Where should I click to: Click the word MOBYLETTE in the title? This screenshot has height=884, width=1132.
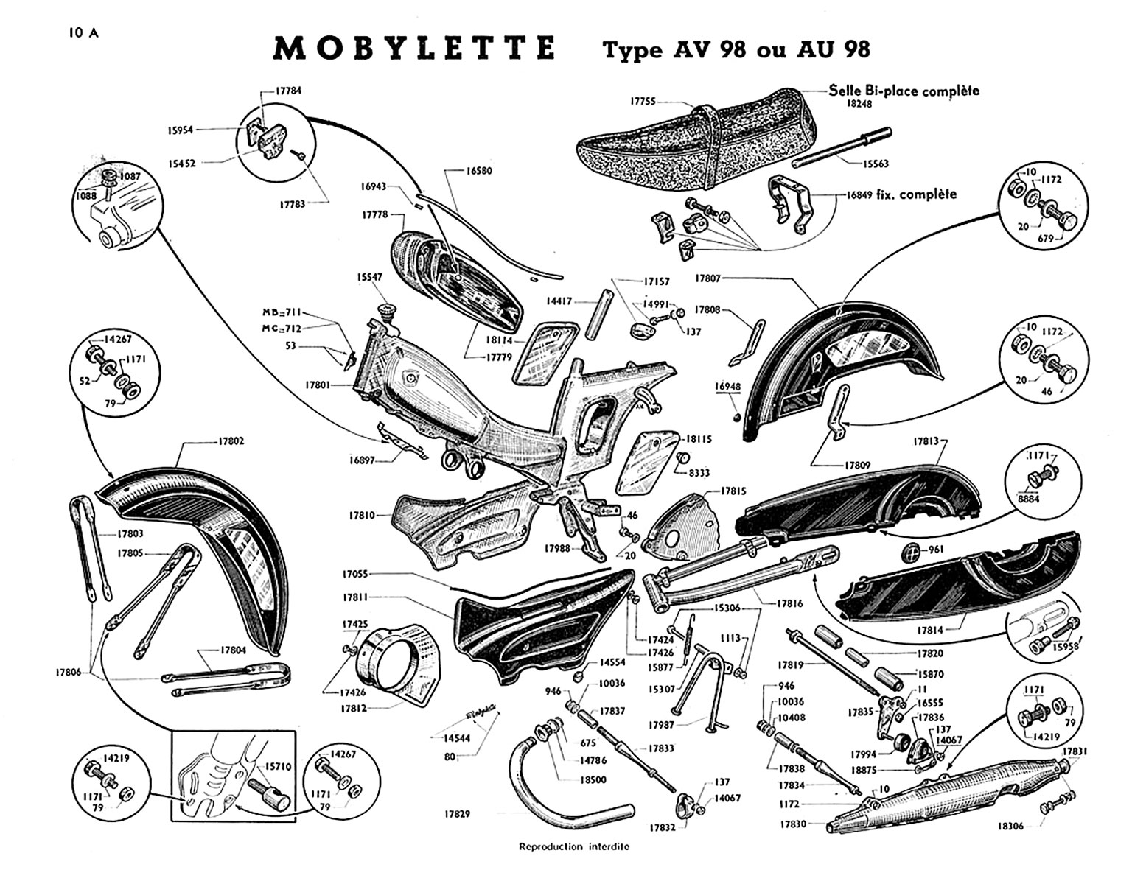(x=414, y=48)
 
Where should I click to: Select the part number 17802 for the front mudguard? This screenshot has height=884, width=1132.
(x=231, y=441)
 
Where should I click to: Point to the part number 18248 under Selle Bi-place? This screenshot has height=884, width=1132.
(x=859, y=105)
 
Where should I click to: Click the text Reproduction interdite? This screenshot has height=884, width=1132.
(x=574, y=846)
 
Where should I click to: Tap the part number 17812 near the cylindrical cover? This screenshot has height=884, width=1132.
(x=354, y=709)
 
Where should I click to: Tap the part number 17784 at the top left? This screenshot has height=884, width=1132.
(x=288, y=91)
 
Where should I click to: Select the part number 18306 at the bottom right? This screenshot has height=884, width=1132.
(x=1011, y=827)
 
